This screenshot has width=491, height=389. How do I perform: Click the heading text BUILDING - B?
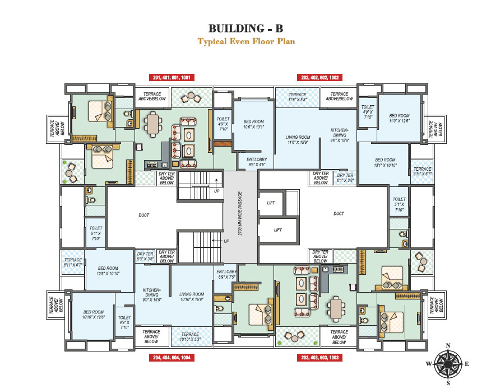245,29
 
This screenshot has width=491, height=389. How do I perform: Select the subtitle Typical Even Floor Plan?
245,41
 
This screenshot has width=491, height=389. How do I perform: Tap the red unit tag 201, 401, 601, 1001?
172,78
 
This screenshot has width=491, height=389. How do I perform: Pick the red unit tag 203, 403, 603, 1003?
319,357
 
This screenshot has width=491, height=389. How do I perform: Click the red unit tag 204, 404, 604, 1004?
172,357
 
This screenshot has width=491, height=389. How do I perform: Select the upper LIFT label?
270,203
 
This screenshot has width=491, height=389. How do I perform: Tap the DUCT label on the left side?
144,215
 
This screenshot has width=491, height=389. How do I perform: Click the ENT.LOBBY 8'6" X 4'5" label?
257,162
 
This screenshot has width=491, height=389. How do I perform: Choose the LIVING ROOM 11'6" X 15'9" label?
298,140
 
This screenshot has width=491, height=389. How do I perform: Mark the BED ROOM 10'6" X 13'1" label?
253,124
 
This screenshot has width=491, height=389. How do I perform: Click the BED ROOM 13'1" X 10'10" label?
385,163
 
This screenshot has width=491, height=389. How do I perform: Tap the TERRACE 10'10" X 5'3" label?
190,336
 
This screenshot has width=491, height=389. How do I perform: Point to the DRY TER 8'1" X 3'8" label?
345,178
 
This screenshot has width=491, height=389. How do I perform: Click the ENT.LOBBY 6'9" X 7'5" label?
226,274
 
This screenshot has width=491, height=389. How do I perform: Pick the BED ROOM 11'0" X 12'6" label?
400,119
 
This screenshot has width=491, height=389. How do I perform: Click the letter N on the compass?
447,345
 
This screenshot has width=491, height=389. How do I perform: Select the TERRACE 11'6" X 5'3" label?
297,97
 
